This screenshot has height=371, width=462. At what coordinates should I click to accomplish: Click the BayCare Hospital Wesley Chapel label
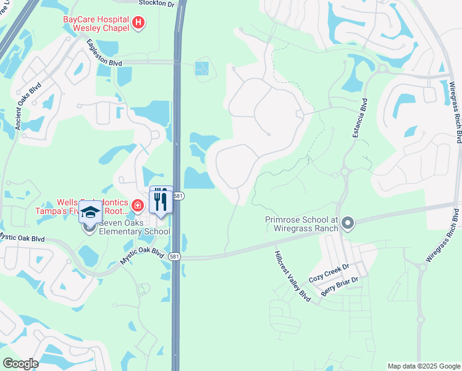96,23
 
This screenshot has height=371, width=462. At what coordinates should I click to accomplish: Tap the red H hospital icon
138,24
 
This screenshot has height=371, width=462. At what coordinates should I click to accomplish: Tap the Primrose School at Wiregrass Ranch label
301,224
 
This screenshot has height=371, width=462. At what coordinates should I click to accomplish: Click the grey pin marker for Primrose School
347,223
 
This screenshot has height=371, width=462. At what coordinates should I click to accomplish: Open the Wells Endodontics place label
93,202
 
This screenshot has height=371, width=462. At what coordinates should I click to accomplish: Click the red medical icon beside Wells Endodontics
138,205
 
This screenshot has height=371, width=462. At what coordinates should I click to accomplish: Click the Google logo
20,363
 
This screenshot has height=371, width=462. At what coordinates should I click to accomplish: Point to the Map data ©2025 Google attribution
424,366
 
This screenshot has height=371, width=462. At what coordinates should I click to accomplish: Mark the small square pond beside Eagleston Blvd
202,68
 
